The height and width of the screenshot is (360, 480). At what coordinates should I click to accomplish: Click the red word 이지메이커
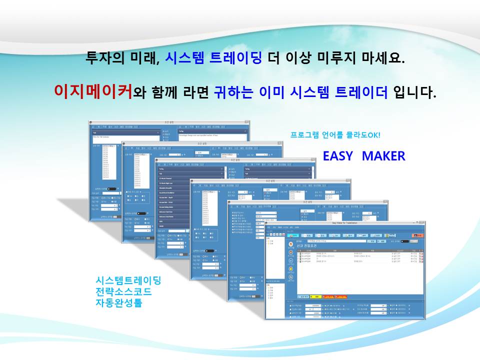pyautogui.click(x=92, y=92)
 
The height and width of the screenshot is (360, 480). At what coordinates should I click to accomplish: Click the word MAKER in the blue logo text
pyautogui.click(x=383, y=156)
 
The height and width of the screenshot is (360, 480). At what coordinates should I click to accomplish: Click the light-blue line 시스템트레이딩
pyautogui.click(x=128, y=280)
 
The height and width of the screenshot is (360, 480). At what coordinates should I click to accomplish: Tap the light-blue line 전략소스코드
pyautogui.click(x=123, y=291)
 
